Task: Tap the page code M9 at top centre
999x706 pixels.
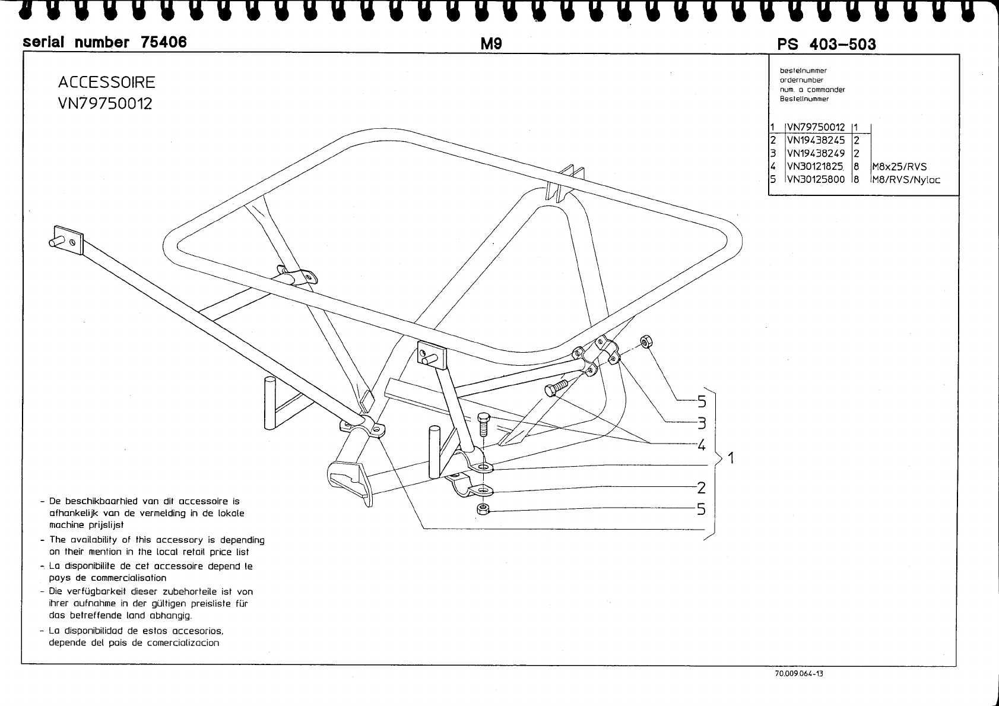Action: coord(491,43)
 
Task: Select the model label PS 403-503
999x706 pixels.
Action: coord(826,44)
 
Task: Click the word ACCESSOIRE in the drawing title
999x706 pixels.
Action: coord(106,82)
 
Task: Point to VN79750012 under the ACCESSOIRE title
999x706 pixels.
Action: coord(105,103)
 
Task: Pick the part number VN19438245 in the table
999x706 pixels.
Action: coord(816,141)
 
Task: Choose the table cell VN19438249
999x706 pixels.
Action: coord(816,154)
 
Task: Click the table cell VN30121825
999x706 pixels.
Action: coord(816,167)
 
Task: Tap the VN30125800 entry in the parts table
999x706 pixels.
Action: coord(816,179)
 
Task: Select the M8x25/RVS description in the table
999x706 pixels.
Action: coord(899,167)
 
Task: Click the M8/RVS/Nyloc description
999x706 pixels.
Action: coord(906,179)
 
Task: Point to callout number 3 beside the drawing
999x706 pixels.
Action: coord(702,423)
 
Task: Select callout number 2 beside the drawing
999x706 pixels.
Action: coord(702,488)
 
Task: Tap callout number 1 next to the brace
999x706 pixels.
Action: coord(731,458)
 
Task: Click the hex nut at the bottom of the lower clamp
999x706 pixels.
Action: coord(483,509)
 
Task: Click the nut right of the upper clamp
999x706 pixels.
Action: coord(646,341)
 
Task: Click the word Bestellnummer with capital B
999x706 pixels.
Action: coord(804,99)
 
